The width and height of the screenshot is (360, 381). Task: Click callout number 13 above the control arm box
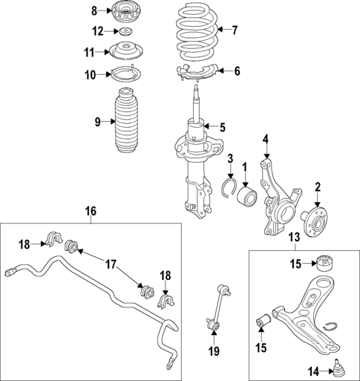point(293,237)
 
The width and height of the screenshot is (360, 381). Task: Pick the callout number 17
point(110,264)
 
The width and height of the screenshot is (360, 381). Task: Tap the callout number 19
point(214,351)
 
